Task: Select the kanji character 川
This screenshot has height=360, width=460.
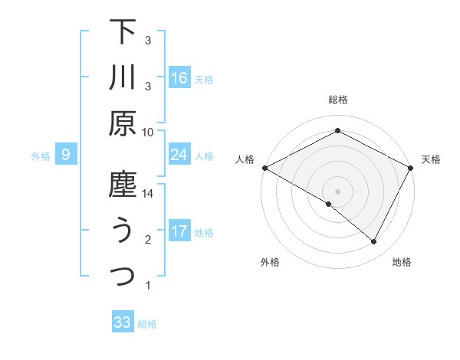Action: [x=123, y=77]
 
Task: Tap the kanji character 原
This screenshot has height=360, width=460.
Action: [x=123, y=123]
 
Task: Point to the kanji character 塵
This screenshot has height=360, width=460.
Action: [x=123, y=185]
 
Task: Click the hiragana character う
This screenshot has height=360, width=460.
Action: [x=123, y=231]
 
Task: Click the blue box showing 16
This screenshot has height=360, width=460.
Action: [x=179, y=78]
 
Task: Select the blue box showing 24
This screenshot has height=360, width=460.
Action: [x=179, y=155]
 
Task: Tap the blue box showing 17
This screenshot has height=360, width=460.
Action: [x=179, y=231]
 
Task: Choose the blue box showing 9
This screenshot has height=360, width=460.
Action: [x=66, y=155]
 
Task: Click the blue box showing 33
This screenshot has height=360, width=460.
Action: [x=123, y=322]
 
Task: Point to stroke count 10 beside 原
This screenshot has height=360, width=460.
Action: [x=148, y=132]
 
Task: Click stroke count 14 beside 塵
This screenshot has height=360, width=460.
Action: [x=148, y=195]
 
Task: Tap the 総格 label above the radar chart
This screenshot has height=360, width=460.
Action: [x=338, y=100]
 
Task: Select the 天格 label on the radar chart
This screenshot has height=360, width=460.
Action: [x=431, y=159]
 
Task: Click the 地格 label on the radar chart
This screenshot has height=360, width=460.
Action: [x=402, y=262]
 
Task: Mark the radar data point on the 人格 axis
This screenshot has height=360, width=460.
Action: [x=264, y=167]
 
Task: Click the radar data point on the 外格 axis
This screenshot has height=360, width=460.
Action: [x=329, y=204]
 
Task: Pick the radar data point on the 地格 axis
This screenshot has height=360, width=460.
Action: [x=374, y=242]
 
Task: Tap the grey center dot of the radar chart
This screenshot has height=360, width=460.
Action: [x=338, y=191]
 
